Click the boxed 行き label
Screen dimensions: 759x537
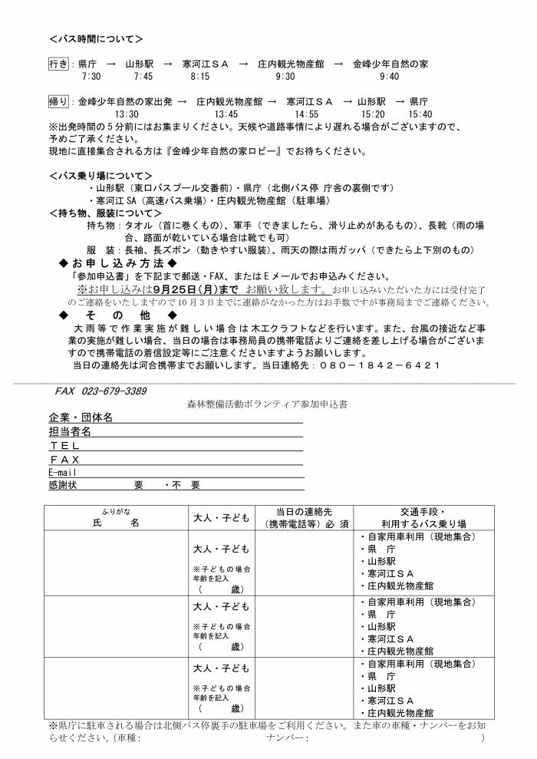coord(58,64)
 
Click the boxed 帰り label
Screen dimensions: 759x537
coord(58,101)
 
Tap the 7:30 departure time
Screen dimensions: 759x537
coord(91,77)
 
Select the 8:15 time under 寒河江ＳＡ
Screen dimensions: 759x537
coord(200,77)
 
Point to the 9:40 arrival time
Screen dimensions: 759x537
coord(389,77)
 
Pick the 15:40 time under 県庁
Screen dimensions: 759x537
coord(421,114)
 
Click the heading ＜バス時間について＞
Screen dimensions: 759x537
coord(96,38)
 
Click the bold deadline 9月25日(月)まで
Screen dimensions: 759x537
coord(196,289)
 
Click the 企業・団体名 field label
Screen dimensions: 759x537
coord(81,417)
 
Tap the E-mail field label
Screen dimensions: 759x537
coord(63,473)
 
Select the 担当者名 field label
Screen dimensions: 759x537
coord(70,432)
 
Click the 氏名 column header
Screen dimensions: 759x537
coord(113,523)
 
